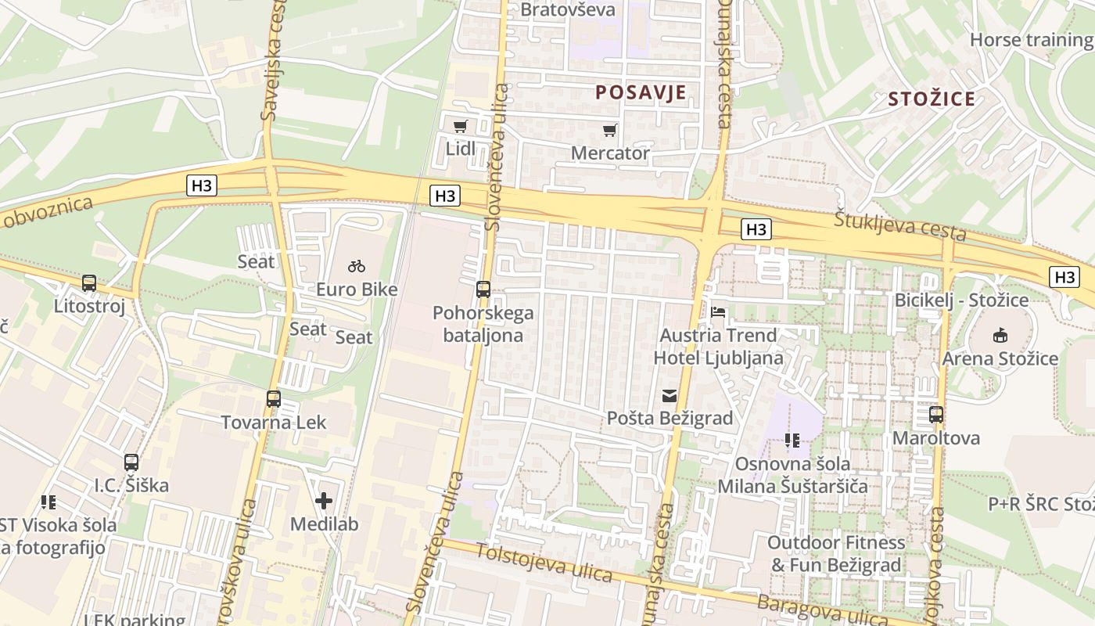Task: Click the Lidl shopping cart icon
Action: tap(461, 126)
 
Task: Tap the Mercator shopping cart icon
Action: tap(610, 130)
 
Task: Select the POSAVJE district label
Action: tap(641, 92)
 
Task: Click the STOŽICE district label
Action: tap(932, 99)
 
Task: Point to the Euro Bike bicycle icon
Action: tap(357, 266)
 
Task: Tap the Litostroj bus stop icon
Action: tap(89, 283)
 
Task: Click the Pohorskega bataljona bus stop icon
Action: tap(483, 290)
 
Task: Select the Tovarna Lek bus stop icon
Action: tap(273, 399)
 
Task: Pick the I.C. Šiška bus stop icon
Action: tap(131, 462)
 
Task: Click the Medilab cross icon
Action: tap(324, 501)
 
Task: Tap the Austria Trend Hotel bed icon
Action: tap(718, 312)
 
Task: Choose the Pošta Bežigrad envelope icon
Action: tap(670, 396)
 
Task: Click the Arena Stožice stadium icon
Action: tap(1000, 336)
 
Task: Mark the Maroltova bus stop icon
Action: tap(936, 415)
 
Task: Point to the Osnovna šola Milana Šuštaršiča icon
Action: tap(792, 441)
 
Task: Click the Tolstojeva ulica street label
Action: tap(544, 563)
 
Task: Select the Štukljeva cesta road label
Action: tap(899, 225)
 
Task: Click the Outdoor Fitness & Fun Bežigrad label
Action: tap(835, 553)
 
